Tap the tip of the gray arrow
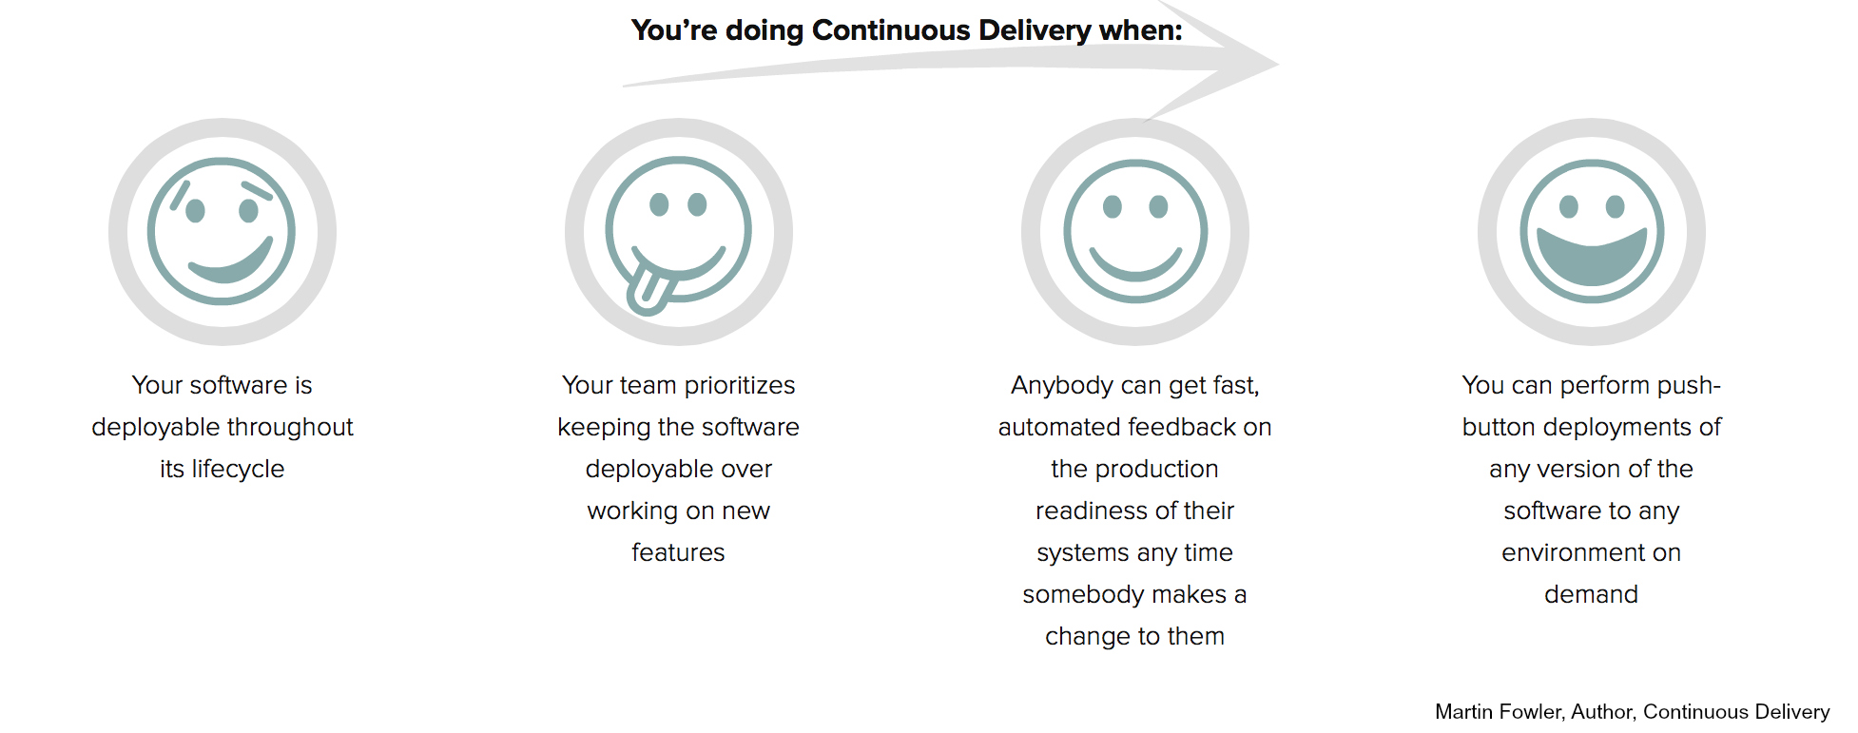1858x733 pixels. [x=1278, y=65]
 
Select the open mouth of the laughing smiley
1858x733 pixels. [x=1591, y=257]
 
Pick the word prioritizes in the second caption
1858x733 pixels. [x=740, y=385]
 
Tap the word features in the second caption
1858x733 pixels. [x=678, y=552]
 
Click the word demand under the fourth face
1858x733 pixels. [x=1591, y=594]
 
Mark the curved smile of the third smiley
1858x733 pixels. [x=1135, y=269]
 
